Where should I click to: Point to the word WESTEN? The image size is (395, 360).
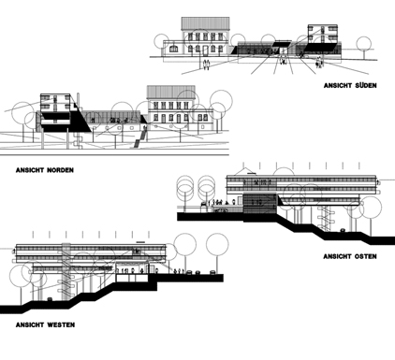coord(61,324)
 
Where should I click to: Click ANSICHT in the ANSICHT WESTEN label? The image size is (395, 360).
coord(30,324)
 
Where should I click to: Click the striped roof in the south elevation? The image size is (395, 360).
coord(205,23)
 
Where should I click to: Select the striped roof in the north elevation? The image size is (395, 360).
coord(171,93)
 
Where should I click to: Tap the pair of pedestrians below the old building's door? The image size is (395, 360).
coord(206,65)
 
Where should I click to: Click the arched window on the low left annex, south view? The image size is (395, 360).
coord(174,49)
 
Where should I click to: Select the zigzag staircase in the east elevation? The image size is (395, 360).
coord(324,217)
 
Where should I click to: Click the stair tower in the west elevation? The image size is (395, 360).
coord(66,271)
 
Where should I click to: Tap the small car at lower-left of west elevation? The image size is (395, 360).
coord(50,299)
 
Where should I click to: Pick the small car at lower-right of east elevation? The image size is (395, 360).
coord(343,230)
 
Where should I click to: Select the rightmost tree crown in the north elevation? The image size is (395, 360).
coord(221,101)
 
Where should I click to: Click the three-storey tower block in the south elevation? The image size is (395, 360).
coord(323,34)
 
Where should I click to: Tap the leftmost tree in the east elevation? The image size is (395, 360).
coord(185,190)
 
